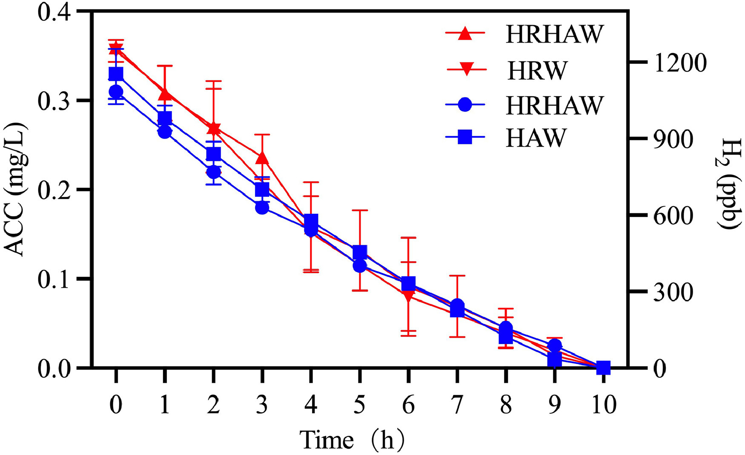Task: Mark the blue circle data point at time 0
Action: tap(116, 92)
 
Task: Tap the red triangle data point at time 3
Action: tap(262, 158)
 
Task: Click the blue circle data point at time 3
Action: tap(262, 207)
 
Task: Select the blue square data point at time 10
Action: tap(603, 367)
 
